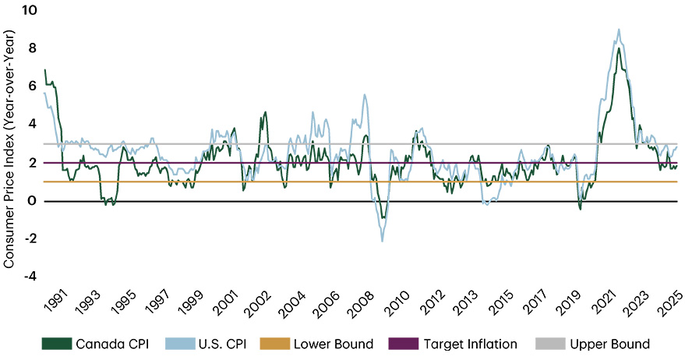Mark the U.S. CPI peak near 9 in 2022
619,30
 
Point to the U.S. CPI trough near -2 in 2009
382,241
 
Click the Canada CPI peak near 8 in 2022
618,48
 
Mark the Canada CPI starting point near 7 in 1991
45,70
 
